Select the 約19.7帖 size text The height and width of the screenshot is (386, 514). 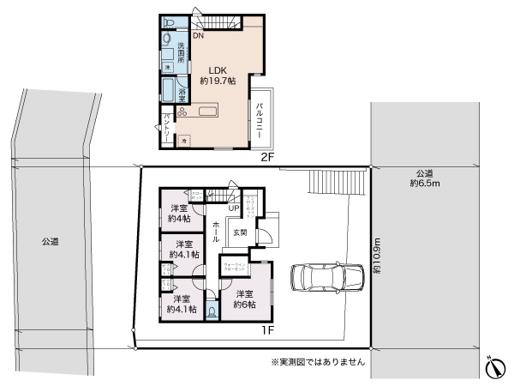coord(218,81)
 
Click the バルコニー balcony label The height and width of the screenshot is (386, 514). coord(260,120)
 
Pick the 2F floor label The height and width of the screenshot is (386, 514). coord(266,157)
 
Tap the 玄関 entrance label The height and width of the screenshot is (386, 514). coord(241,232)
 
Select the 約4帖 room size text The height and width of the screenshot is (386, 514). coord(179,219)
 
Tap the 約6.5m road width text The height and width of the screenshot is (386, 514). coord(424,183)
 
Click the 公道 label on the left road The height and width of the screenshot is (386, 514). coord(50,243)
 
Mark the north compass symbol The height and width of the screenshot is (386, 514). coord(494,367)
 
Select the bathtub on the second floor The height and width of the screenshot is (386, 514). coord(168,91)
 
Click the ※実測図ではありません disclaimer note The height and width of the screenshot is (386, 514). coord(318,362)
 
